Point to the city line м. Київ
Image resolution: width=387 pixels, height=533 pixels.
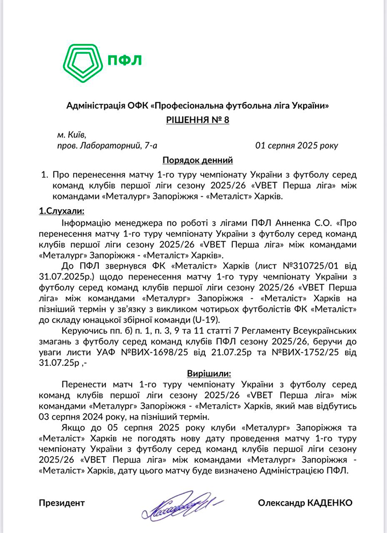[71, 134]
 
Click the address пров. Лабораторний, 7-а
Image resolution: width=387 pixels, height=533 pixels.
[107, 145]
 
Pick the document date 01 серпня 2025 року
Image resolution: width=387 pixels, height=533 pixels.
[297, 145]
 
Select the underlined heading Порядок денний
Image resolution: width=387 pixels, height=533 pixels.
[197, 160]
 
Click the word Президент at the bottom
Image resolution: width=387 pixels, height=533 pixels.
[61, 503]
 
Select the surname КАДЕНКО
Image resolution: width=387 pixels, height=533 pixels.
[329, 503]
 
